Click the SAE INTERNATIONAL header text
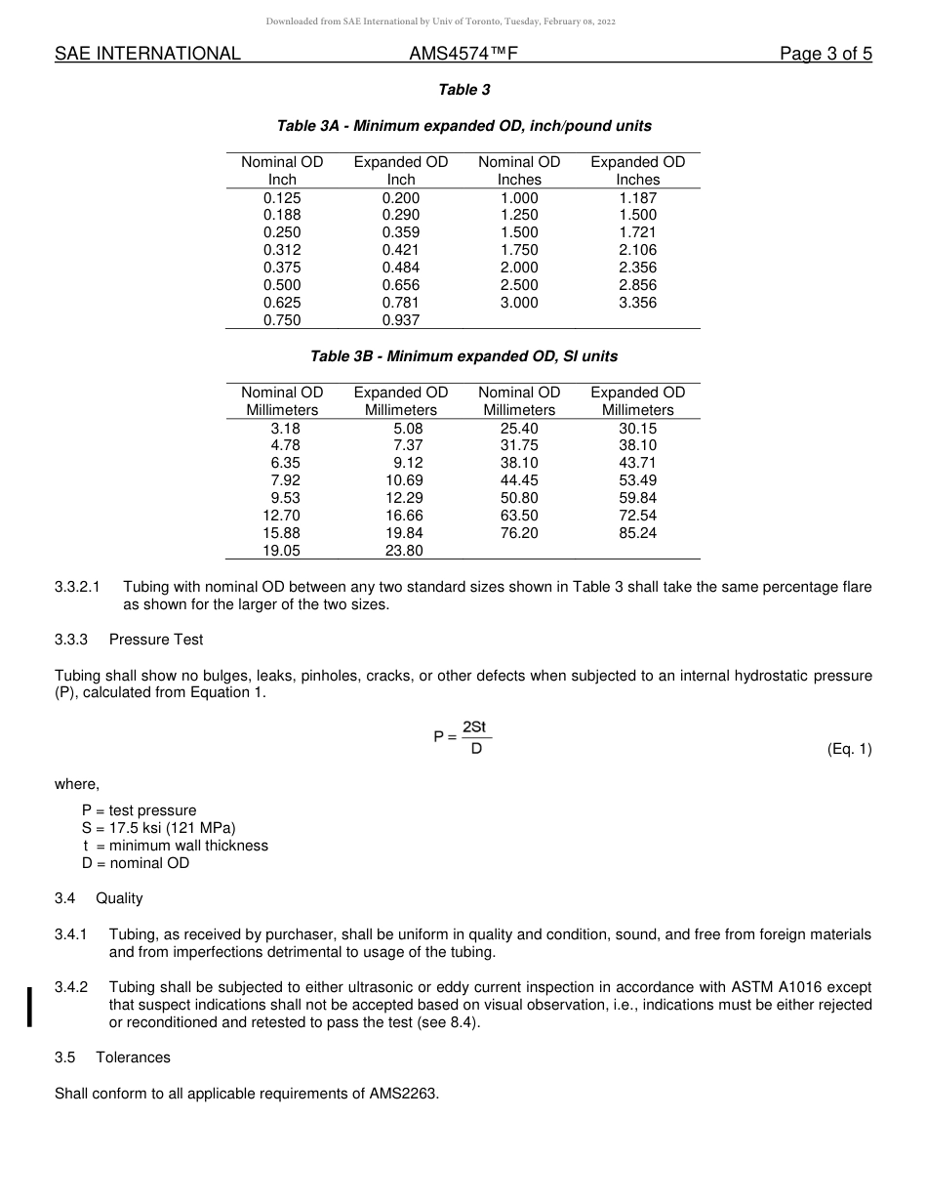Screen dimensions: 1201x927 point(147,55)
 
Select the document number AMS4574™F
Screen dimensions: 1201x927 point(463,55)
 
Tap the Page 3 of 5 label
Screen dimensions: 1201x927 point(825,55)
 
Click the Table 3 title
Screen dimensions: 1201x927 point(463,90)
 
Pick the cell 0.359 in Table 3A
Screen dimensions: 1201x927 point(401,232)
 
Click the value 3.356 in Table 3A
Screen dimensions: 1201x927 point(637,303)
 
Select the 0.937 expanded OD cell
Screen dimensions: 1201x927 point(401,320)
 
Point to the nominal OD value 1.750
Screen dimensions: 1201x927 point(519,250)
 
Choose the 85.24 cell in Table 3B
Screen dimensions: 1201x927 point(637,533)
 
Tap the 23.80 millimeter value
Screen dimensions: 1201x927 point(404,551)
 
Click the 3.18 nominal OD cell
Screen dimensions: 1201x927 point(285,428)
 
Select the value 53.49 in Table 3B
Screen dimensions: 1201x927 point(637,480)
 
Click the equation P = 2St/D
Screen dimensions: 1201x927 point(463,737)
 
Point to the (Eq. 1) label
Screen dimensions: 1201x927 point(848,749)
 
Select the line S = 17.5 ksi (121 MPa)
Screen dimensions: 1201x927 point(159,828)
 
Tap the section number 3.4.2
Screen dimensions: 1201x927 point(71,987)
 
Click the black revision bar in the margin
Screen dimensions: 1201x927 point(30,1006)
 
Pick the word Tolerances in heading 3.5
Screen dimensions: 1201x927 point(133,1057)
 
